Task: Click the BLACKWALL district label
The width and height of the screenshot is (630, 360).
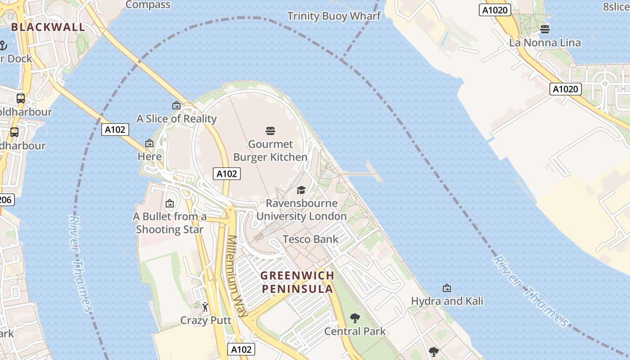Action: (48, 27)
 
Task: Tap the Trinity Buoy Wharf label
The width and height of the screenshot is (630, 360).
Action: (334, 16)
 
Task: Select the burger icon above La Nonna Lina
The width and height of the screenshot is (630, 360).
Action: (545, 29)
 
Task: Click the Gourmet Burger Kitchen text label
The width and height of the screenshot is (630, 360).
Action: (270, 151)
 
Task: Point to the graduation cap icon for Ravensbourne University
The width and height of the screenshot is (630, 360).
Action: (301, 190)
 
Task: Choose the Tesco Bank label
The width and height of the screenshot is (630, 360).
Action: (310, 239)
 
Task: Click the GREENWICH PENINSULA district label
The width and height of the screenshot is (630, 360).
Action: (297, 282)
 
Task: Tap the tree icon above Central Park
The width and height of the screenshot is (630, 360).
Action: (355, 318)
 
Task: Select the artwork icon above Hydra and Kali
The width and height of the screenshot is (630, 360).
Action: (447, 288)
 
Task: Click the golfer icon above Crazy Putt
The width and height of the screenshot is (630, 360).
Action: (205, 307)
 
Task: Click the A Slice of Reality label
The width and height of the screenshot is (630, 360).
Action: (176, 119)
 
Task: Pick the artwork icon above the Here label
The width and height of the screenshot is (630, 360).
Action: (149, 143)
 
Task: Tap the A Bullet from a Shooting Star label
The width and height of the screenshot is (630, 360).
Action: (170, 223)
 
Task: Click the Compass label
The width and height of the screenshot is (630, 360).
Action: (148, 5)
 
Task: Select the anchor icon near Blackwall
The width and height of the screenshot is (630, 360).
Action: (3, 45)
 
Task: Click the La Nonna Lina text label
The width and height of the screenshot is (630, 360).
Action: (545, 43)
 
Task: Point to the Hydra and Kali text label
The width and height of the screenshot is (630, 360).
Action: (447, 301)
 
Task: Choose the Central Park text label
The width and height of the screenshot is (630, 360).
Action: (355, 332)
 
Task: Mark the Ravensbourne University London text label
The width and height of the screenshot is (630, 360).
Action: (301, 210)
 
